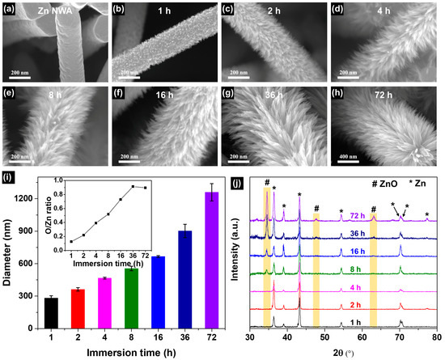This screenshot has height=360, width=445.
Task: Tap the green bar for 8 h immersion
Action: point(131,296)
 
